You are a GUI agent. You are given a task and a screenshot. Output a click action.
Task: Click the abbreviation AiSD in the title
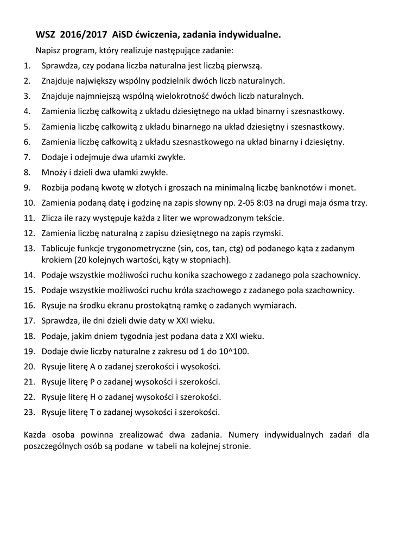(122, 35)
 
